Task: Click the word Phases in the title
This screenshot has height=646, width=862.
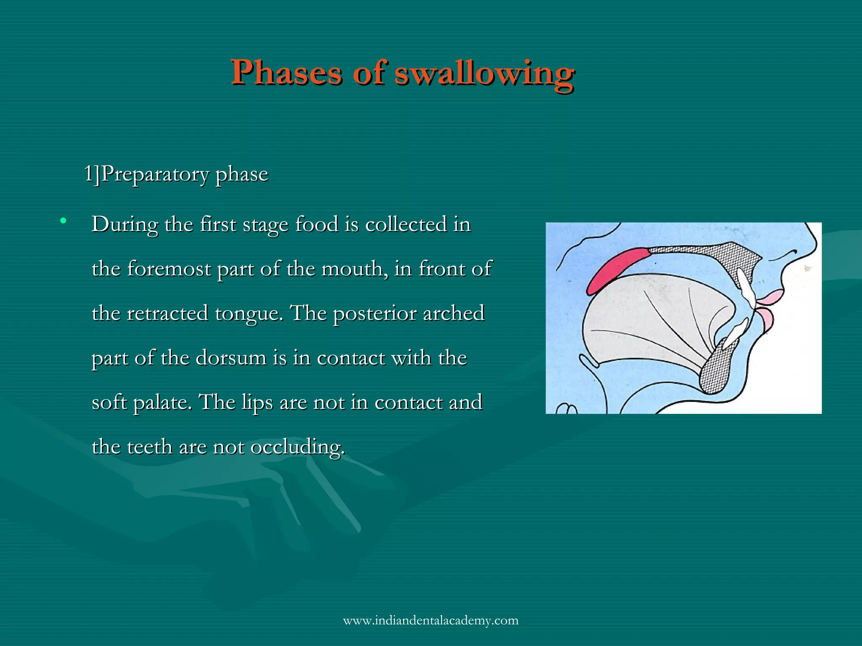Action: click(286, 72)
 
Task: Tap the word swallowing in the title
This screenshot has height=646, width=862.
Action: click(484, 72)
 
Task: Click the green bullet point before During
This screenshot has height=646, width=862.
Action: click(64, 220)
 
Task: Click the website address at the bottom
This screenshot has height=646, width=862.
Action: click(431, 620)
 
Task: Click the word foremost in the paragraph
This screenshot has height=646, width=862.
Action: click(169, 269)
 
